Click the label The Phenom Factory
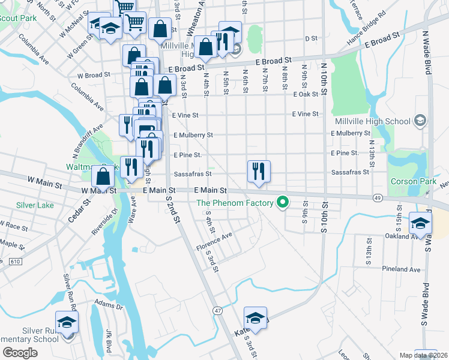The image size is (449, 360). coord(235,203)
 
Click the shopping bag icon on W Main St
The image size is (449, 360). coord(103,178)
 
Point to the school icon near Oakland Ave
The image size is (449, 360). coord(420,224)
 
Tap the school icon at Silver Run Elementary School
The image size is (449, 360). coord(67,322)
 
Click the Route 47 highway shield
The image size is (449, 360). coord(217,310)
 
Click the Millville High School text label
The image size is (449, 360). coord(382,121)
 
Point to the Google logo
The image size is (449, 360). coord(20,352)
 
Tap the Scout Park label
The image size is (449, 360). coord(18,18)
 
